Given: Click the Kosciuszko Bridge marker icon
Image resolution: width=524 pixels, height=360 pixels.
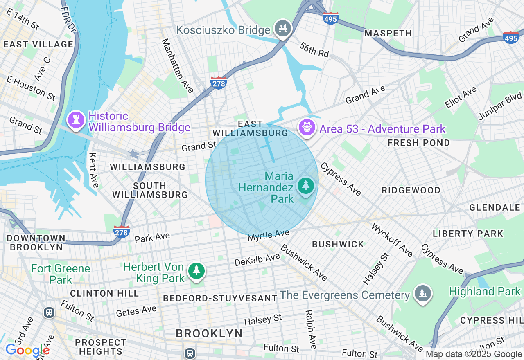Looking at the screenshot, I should (283, 28).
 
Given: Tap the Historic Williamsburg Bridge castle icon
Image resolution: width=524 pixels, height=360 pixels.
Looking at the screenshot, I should (76, 119).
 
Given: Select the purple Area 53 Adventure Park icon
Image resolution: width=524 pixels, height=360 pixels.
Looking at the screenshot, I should (306, 127).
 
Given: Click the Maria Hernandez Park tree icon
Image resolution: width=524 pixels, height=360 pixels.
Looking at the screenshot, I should (305, 186).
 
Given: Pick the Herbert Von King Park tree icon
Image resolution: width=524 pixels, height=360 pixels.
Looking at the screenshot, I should (196, 270).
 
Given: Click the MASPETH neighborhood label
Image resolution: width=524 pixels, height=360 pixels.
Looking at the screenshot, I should (388, 33).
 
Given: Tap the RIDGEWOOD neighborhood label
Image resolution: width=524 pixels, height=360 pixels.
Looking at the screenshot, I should (411, 190).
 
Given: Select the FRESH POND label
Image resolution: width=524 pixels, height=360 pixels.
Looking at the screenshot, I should (419, 143).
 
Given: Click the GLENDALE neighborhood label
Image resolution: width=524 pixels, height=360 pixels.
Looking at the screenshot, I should (495, 207).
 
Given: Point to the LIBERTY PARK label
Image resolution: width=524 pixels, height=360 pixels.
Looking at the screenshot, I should (468, 234).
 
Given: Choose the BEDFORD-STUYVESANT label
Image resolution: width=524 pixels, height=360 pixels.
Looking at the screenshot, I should (220, 298).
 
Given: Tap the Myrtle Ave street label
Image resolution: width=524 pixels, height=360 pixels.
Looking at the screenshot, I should (268, 235).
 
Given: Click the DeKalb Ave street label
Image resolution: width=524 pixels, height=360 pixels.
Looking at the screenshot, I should (257, 260).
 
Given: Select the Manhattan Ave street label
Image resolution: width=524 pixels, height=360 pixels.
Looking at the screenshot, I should (177, 65).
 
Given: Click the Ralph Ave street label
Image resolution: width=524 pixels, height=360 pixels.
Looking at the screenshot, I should (311, 329).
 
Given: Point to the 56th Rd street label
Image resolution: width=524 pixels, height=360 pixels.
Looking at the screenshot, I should (314, 50).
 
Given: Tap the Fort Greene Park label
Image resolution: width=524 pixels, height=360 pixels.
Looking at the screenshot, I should (61, 274).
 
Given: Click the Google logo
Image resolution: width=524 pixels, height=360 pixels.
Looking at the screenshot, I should (27, 350).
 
